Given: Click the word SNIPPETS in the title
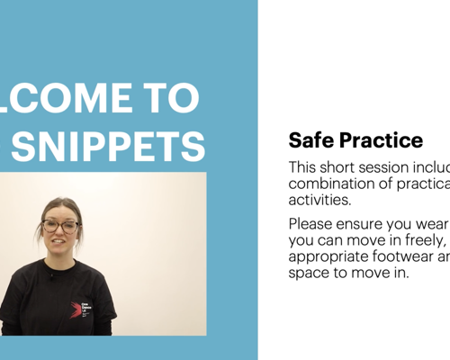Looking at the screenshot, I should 113,147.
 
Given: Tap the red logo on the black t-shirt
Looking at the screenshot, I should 77,310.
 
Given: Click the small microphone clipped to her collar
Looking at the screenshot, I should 51,276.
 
